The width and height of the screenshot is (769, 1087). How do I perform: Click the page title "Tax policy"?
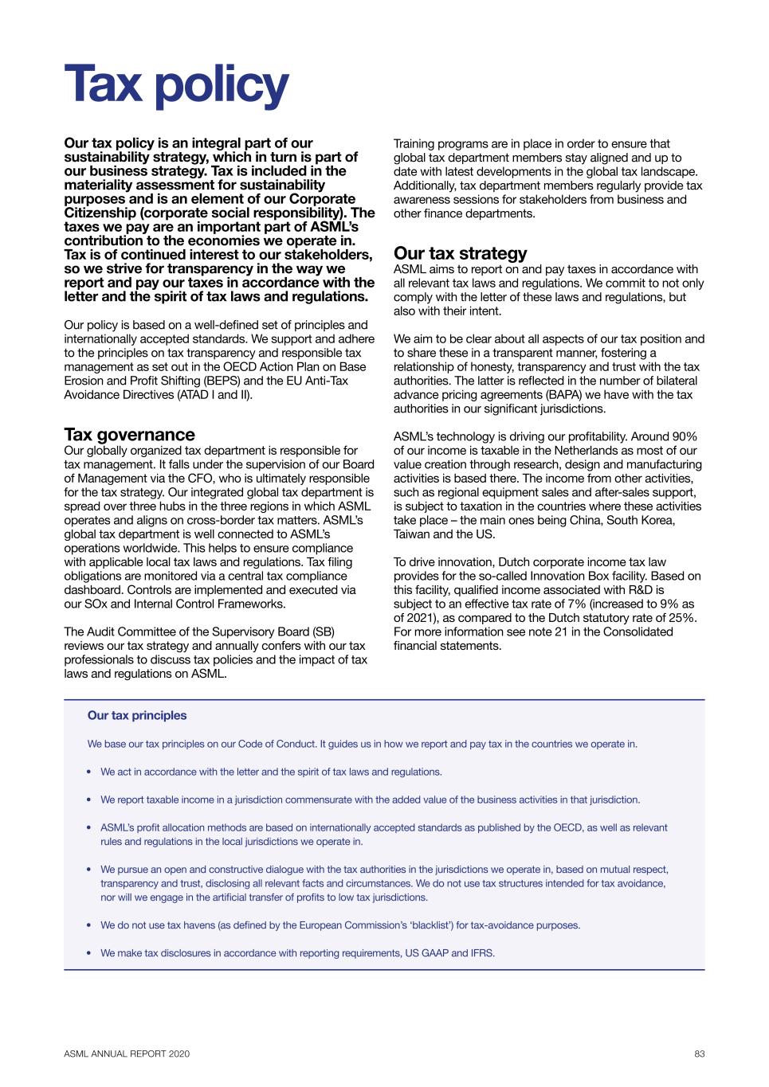click(176, 86)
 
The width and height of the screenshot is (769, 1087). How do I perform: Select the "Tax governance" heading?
click(129, 435)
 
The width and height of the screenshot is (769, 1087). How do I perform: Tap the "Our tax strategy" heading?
click(460, 253)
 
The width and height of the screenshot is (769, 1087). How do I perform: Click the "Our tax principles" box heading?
click(137, 715)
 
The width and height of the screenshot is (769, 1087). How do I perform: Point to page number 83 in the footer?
click(700, 1054)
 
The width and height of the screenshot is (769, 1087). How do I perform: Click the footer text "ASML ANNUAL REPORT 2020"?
click(127, 1054)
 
